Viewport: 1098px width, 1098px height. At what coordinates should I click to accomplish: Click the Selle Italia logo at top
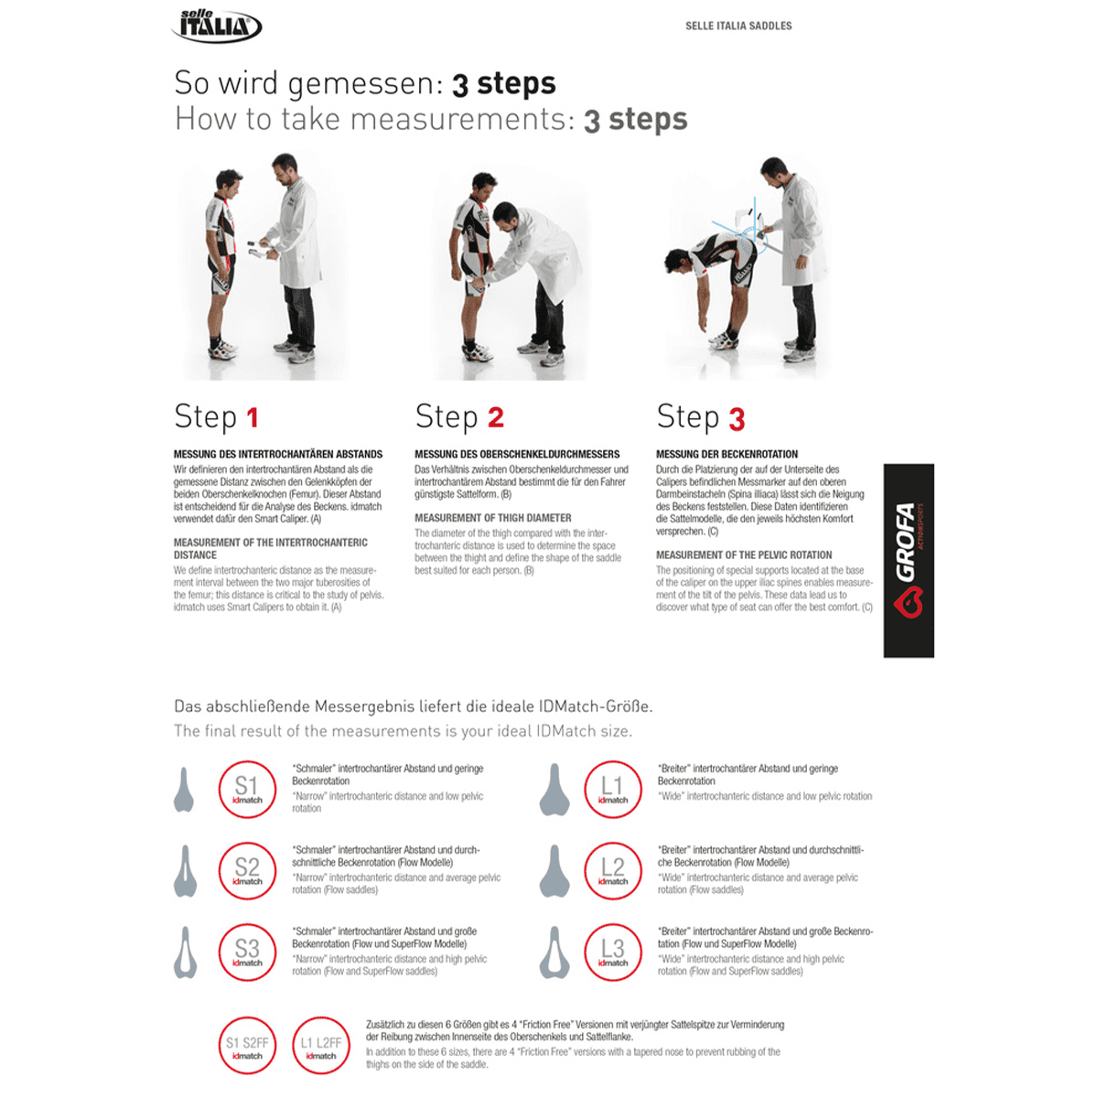click(x=217, y=26)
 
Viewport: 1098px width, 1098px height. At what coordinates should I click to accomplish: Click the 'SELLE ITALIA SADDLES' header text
click(x=738, y=26)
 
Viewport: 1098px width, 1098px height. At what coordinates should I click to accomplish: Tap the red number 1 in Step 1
click(x=253, y=418)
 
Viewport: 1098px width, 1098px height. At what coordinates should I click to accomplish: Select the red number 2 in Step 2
click(x=495, y=418)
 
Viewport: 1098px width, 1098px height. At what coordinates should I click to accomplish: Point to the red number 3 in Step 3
click(x=737, y=419)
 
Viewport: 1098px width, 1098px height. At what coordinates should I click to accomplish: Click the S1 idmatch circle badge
click(x=247, y=789)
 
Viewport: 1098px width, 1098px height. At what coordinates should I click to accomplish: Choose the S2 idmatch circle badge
click(x=247, y=870)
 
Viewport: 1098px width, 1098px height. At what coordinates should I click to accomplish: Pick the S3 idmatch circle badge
click(x=247, y=952)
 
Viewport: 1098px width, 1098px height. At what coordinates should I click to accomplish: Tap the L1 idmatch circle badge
click(x=612, y=789)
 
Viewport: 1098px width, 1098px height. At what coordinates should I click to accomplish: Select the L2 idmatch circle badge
click(x=612, y=870)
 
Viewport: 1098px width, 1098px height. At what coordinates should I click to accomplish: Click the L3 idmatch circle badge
click(x=612, y=952)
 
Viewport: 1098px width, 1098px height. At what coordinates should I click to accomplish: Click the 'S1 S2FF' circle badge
click(x=247, y=1045)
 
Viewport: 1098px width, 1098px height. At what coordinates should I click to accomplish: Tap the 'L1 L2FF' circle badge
click(x=321, y=1045)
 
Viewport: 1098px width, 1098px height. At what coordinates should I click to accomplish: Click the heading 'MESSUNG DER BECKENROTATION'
click(x=727, y=454)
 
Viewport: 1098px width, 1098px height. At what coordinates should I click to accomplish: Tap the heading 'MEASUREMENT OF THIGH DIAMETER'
click(x=492, y=518)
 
